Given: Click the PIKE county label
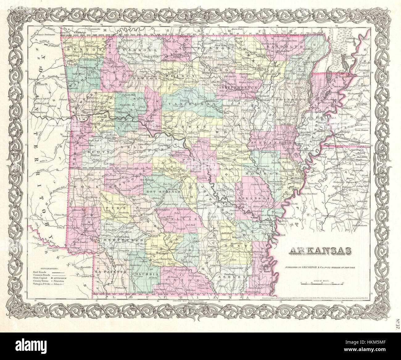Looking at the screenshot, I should tap(110, 208).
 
